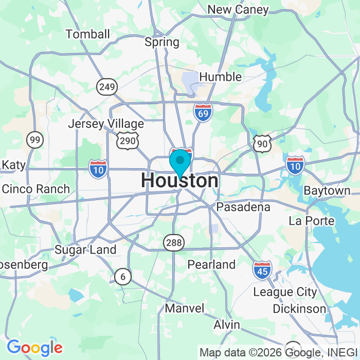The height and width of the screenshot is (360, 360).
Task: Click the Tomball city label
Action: (88, 34)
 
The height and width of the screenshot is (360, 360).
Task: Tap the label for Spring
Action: (162, 42)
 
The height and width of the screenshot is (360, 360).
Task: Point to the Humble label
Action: (220, 77)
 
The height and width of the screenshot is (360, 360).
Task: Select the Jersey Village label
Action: (106, 124)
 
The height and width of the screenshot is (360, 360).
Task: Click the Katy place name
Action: (14, 165)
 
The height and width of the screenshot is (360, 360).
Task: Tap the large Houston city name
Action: (179, 181)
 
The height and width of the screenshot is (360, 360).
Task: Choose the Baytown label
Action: (327, 190)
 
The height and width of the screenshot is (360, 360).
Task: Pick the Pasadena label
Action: (243, 207)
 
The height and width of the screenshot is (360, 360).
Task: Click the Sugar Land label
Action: (85, 250)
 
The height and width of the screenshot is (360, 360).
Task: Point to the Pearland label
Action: (211, 264)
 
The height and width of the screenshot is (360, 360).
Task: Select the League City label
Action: (285, 292)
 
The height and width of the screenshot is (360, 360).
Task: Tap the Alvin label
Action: (227, 325)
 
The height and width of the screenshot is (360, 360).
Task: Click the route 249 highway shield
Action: (107, 86)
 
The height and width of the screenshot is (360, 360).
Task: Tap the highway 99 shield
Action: (35, 139)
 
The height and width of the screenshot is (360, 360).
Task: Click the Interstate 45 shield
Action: (262, 269)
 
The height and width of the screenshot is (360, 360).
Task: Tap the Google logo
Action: (34, 348)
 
